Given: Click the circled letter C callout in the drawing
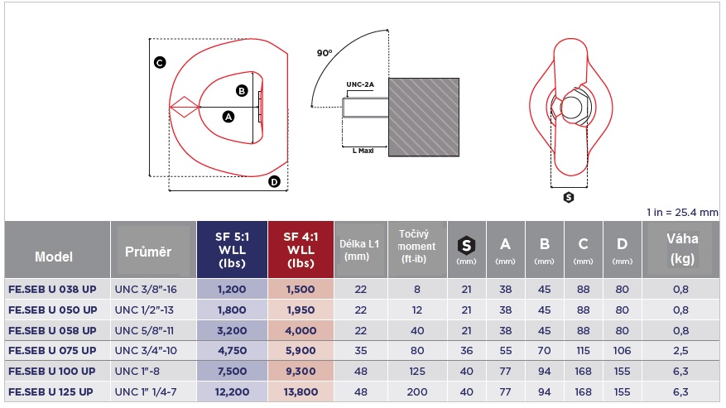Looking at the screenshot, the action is tap(160, 63).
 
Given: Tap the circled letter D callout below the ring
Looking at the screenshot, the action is tap(275, 181).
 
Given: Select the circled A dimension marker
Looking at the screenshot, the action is tap(228, 117).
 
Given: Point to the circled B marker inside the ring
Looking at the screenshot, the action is tap(242, 91).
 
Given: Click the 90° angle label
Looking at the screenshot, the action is tap(325, 53).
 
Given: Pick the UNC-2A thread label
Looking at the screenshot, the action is tap(360, 84).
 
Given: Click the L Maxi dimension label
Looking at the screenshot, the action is tap(363, 151).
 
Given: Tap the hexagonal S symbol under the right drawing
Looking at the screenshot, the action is tap(569, 198).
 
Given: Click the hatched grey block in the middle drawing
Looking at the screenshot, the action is tap(424, 118).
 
